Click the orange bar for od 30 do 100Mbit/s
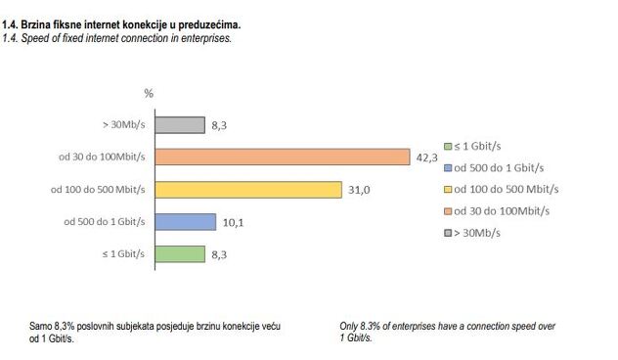282,157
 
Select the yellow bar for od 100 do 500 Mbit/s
248,190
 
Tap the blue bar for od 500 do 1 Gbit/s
186,222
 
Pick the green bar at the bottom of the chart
180,253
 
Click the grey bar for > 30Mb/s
180,125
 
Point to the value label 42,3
426,157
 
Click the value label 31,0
359,190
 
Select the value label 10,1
233,222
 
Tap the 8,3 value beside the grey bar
221,125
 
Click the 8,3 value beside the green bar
221,253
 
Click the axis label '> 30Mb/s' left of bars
122,125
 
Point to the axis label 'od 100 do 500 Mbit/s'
98,190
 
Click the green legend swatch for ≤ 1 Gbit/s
447,145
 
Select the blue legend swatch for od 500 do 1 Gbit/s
447,167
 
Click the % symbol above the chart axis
149,94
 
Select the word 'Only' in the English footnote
349,326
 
